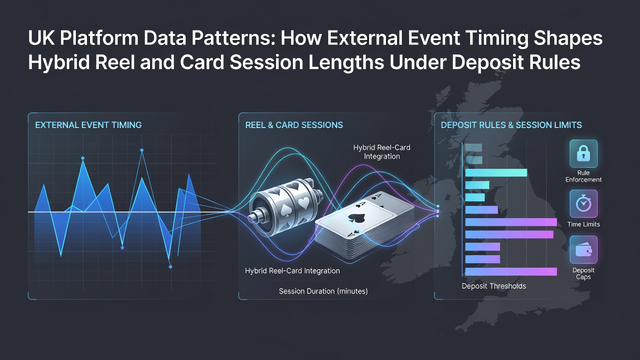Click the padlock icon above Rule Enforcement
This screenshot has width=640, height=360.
pos(583,153)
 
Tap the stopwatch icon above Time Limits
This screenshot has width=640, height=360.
pos(583,203)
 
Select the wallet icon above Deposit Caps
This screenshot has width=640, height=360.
pos(583,249)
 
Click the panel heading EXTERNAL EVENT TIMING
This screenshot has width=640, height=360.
pos(88,125)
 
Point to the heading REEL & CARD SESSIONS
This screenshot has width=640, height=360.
pos(294,125)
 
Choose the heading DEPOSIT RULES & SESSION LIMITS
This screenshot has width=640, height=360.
pos(511,125)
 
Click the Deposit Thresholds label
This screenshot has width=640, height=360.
pos(493,286)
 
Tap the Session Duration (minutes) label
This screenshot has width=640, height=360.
pos(323,291)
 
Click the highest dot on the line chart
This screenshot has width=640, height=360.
pos(141,150)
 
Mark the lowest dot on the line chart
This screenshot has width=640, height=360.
pos(170,267)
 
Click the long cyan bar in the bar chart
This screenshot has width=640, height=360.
pos(496,172)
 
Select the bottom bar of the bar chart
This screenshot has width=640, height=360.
pos(511,271)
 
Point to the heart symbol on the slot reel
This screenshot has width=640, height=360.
pos(303,202)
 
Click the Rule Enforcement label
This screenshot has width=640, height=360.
pos(583,176)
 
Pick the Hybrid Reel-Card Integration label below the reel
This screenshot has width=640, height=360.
pos(292,271)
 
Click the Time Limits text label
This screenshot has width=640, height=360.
pos(583,224)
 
